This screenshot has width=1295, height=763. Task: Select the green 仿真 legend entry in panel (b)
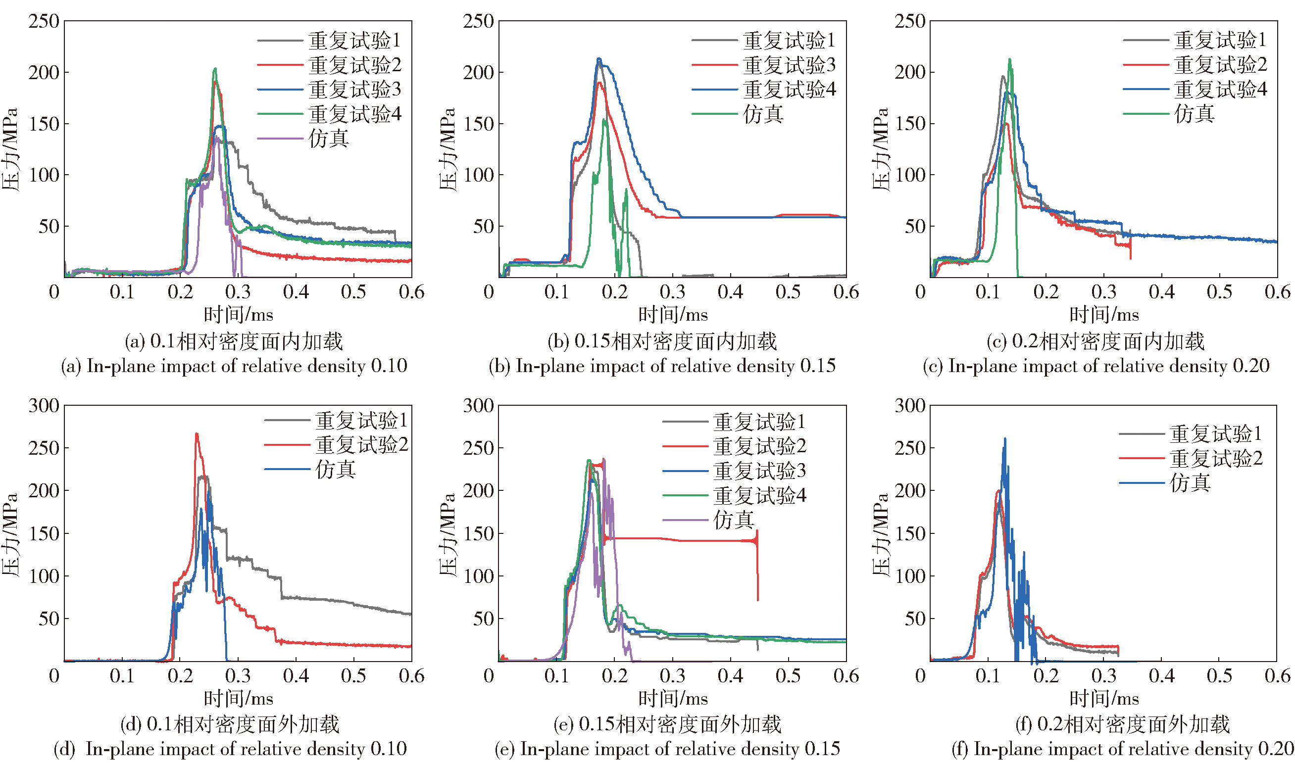coord(763,114)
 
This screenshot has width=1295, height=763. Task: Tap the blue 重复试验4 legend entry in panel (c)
coord(1220,90)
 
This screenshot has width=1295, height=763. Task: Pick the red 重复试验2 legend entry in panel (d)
coord(361,445)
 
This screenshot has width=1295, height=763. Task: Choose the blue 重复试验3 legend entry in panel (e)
coord(759,471)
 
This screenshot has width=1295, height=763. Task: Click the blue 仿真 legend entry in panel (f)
coord(1190,483)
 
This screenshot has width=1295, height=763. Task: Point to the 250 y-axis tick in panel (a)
coord(44,22)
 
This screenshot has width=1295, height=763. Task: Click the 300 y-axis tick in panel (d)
coord(44,406)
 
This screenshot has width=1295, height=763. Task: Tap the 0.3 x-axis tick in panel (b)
coord(672,292)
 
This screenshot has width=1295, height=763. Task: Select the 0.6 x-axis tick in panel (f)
coord(1277,675)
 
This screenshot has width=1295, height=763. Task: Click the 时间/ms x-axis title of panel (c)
coord(1104,314)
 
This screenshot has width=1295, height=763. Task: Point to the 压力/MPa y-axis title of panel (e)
coord(448,535)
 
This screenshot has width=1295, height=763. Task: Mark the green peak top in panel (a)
coord(215,69)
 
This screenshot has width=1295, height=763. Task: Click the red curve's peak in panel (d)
coord(197,434)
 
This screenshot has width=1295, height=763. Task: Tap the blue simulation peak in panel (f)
coord(1004,439)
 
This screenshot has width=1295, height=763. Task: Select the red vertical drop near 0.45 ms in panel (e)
coord(757,566)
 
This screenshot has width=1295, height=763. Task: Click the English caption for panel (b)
coord(662,366)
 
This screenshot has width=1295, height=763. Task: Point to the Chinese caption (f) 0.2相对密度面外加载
coord(1123,724)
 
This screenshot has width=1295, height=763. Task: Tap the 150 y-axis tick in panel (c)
coord(911,124)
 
